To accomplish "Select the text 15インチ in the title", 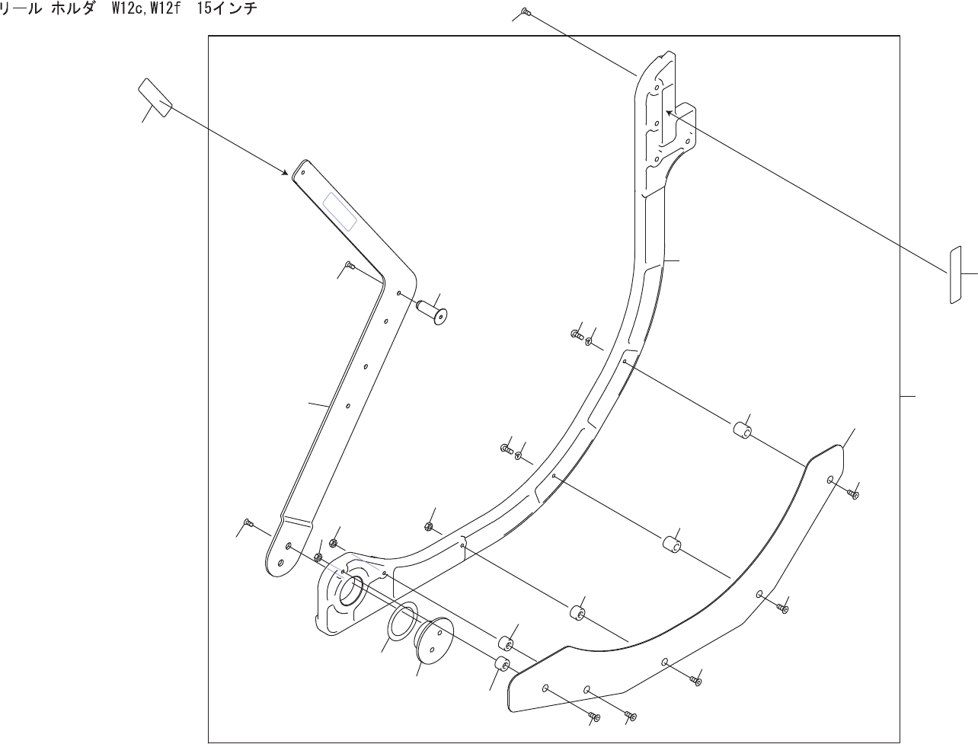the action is click(x=227, y=9).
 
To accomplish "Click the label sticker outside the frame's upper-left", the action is click(x=155, y=97).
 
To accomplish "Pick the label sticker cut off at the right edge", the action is click(x=955, y=274).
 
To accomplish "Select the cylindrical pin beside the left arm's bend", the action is click(x=431, y=313).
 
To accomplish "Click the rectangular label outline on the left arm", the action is click(x=340, y=211).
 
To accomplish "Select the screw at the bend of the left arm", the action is click(x=350, y=264).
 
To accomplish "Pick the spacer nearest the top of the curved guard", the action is click(x=743, y=431).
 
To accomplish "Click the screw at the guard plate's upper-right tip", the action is click(x=853, y=494).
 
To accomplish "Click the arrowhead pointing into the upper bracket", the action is click(x=670, y=113).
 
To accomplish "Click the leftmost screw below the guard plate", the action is click(x=595, y=717).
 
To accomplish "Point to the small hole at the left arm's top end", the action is click(x=302, y=171).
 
